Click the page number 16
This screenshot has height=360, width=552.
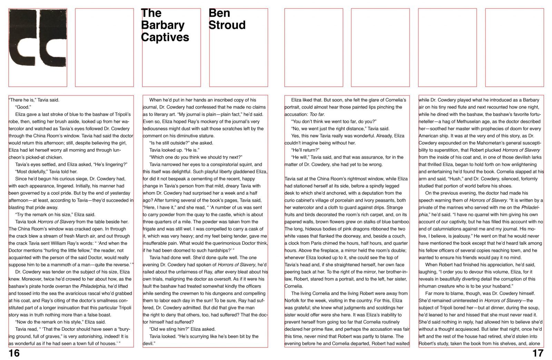14,353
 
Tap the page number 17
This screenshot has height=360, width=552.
538,353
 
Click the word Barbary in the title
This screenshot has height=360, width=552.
162,25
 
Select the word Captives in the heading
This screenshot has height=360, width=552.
165,37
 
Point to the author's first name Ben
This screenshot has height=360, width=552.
219,13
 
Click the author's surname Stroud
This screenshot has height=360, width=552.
227,25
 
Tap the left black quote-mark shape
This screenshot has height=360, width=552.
22,38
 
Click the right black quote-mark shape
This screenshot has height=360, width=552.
53,38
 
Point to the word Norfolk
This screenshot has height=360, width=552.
293,301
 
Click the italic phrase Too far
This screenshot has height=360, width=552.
317,114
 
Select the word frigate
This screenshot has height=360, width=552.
150,229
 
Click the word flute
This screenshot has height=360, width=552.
463,107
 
